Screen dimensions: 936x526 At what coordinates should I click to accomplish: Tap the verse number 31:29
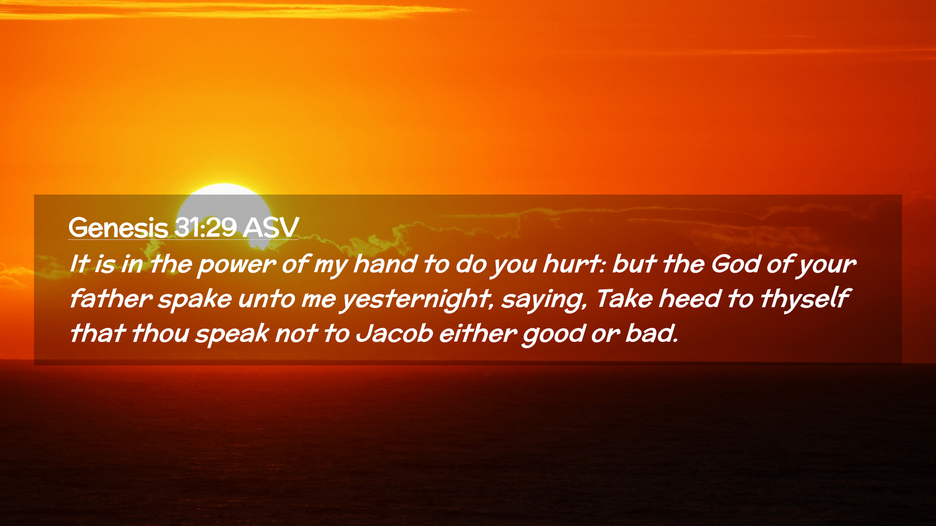coord(206,227)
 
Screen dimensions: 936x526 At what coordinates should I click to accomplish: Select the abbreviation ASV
coord(271,227)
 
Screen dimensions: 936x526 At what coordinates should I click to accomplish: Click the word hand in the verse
coord(385,264)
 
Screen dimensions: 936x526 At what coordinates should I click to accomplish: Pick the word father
coord(112,299)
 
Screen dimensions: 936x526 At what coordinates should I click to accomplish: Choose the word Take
coord(624,299)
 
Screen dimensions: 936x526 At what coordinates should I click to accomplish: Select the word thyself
coord(806,300)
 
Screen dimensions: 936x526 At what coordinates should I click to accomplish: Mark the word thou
coord(160,334)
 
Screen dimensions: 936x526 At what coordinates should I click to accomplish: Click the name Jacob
coord(394,334)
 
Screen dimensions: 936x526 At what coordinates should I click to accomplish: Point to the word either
coord(478,334)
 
